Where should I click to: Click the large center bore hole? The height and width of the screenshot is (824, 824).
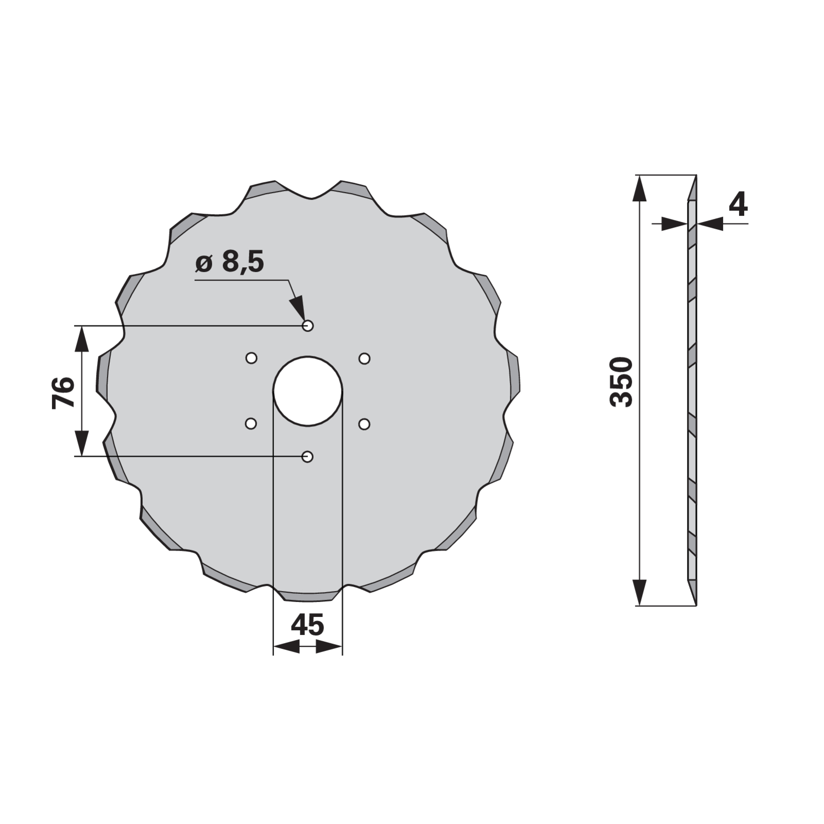tap(308, 391)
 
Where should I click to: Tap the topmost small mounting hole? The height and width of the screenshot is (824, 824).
tap(308, 325)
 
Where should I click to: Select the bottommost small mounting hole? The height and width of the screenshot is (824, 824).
tap(307, 456)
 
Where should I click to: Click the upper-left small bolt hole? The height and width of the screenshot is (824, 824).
tap(251, 358)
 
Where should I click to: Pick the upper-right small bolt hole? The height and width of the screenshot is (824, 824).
tap(364, 358)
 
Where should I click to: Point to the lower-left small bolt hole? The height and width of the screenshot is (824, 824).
tap(251, 424)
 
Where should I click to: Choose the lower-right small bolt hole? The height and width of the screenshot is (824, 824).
tap(364, 424)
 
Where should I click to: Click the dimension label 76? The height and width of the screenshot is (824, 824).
tap(63, 392)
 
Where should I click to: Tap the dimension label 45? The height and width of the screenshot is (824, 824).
tap(307, 625)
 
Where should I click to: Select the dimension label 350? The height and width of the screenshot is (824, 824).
tap(621, 382)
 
